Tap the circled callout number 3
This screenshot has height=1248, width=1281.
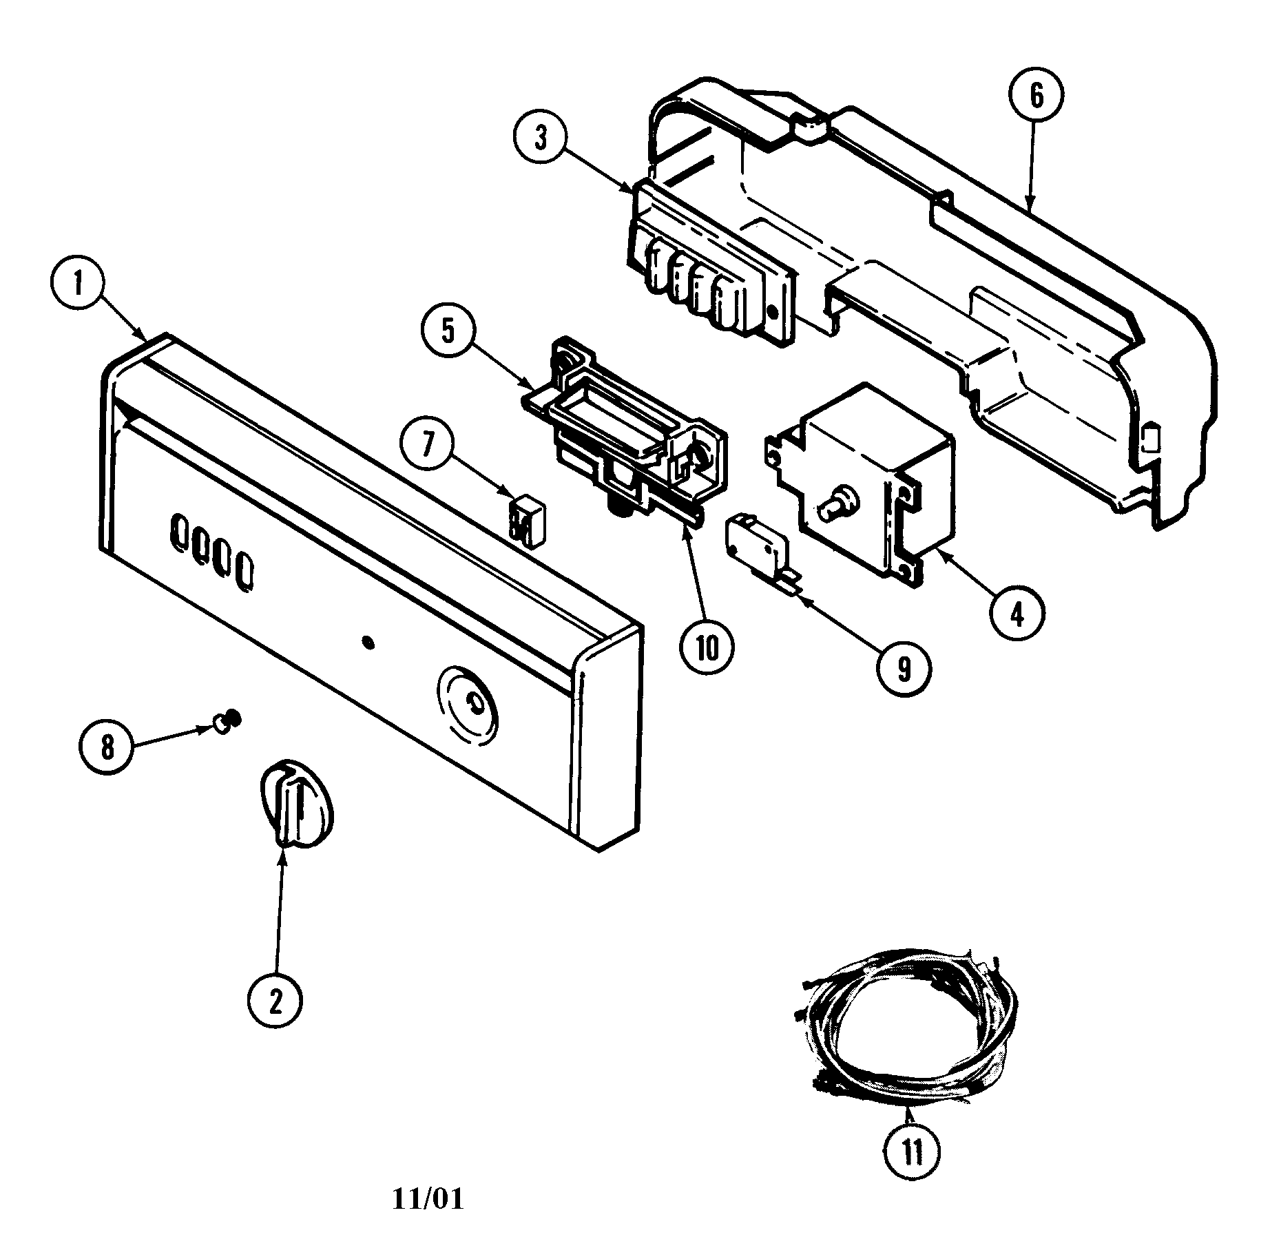point(541,138)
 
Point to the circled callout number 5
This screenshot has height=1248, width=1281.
point(448,331)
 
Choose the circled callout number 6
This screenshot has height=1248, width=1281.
point(1037,96)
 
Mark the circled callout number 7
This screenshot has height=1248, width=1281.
point(428,444)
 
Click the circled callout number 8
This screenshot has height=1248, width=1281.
point(107,746)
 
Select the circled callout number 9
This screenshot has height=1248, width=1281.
point(903,667)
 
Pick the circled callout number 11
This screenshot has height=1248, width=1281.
point(912,1150)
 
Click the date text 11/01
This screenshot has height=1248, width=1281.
point(428,1199)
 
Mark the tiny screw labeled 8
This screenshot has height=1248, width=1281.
point(225,720)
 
